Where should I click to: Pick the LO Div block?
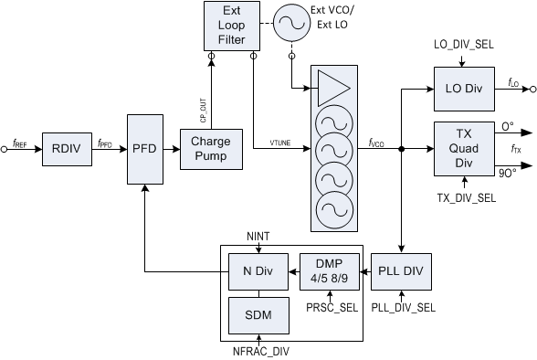462,90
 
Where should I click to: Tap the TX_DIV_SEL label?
461,197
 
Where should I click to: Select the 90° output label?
507,170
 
